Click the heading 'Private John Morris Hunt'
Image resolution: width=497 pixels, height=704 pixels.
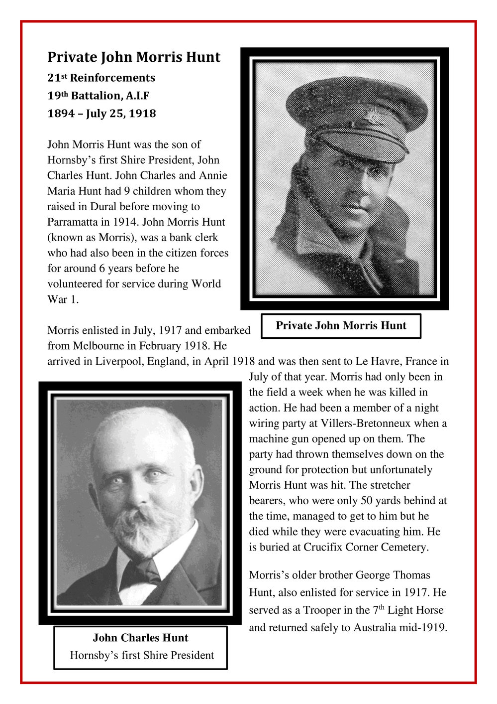click(134, 57)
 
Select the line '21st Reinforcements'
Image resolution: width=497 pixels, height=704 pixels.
click(101, 78)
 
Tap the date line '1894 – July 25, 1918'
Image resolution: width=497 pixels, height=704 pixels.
click(101, 114)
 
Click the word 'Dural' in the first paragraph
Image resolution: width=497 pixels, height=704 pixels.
click(103, 207)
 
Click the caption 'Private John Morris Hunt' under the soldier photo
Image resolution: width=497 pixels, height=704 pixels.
click(341, 326)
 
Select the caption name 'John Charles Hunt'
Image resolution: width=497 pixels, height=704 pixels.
click(140, 638)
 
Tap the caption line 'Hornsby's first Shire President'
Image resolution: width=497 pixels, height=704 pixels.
click(142, 655)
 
